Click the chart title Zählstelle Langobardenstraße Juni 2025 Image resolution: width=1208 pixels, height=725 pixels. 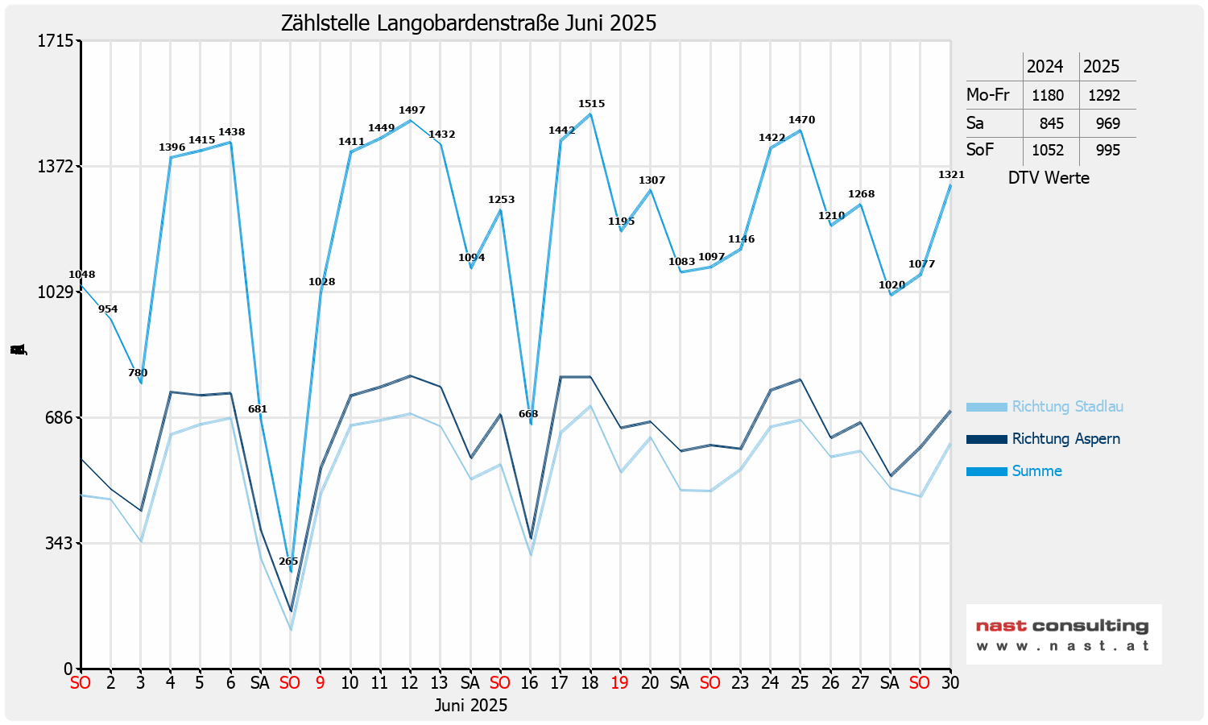click(469, 23)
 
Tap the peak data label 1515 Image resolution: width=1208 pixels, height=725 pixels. click(591, 104)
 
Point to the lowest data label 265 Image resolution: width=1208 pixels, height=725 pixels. click(288, 561)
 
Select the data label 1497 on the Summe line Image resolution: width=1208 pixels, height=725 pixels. click(412, 110)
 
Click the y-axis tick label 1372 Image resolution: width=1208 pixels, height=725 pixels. click(56, 166)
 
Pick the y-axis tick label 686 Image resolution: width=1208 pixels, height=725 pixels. click(60, 417)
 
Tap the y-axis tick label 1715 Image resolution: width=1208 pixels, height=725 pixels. click(56, 40)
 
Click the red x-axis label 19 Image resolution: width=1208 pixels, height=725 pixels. click(619, 683)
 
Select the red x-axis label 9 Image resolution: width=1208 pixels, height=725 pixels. click(320, 683)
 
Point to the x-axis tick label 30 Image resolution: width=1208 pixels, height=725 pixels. click(950, 683)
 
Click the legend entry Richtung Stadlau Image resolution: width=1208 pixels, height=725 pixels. click(1067, 407)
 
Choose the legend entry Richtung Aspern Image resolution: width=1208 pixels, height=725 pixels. click(1065, 439)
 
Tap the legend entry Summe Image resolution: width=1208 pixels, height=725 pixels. click(1036, 471)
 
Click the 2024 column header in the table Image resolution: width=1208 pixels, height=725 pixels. click(1045, 67)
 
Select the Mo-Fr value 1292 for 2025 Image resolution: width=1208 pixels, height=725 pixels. click(1104, 95)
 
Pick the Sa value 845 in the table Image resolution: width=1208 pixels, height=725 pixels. click(1052, 123)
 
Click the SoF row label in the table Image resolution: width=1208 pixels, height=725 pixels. click(980, 150)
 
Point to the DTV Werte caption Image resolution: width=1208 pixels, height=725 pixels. click(1049, 178)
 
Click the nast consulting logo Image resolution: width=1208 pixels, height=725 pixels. click(1063, 634)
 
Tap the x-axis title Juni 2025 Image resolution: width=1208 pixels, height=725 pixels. click(471, 706)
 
